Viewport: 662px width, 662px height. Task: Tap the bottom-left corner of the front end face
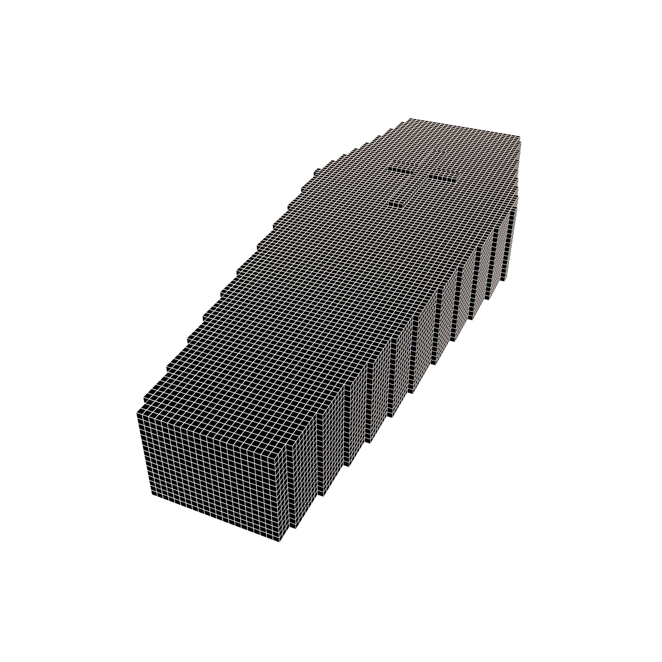point(152,495)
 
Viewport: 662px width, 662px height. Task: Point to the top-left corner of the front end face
point(137,411)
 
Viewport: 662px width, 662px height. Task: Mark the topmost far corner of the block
point(410,119)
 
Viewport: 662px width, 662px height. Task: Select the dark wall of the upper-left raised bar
point(401,169)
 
